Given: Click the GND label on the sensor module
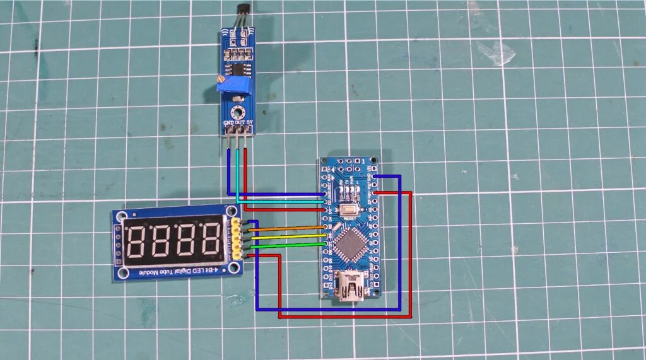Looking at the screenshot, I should click(x=228, y=122).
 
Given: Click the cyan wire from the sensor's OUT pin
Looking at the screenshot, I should click(x=237, y=177).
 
